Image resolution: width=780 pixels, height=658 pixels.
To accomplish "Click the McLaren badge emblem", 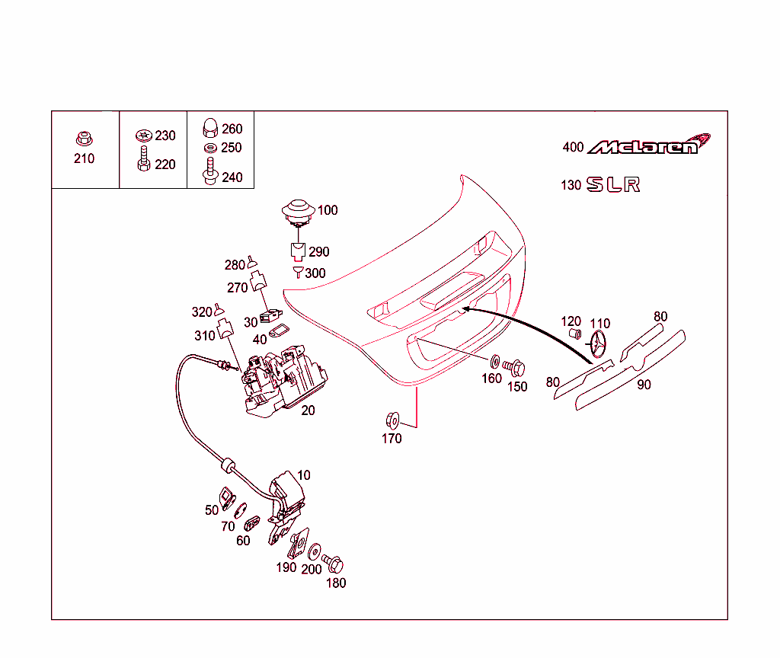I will point(648,145).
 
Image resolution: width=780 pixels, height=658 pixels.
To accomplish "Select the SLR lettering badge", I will point(612,185).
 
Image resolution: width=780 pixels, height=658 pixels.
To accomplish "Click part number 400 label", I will point(573,147).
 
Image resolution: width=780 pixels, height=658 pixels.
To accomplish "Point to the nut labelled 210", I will point(84,139).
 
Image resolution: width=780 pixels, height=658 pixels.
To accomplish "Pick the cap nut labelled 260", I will point(209,128).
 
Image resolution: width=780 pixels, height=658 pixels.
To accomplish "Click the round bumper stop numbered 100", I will point(298,211).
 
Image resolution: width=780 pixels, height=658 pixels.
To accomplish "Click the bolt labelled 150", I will point(516,368).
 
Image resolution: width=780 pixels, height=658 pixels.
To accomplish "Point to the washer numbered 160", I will point(494,360).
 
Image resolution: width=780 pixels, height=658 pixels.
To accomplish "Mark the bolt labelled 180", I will point(334,564).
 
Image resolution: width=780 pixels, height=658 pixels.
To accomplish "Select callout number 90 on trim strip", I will point(644,385).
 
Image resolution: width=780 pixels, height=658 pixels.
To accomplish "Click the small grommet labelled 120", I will point(576,335).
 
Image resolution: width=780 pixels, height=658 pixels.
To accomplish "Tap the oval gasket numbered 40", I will point(280,331).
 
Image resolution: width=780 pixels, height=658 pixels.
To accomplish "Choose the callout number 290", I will point(319,252).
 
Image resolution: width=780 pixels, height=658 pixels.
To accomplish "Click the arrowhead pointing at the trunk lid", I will point(465,310).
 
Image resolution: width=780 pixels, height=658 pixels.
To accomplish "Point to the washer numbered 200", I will point(315,550).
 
